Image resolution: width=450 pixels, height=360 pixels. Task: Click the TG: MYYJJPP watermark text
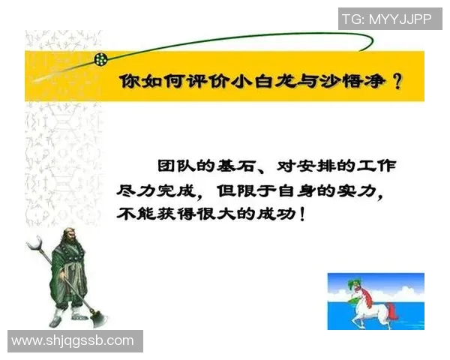click(x=387, y=19)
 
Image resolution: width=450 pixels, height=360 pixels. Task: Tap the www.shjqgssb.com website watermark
click(x=73, y=340)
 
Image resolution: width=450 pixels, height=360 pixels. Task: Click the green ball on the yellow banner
click(x=100, y=58)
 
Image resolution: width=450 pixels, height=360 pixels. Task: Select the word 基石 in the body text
click(x=257, y=165)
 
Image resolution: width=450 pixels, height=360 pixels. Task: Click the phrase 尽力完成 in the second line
click(x=158, y=190)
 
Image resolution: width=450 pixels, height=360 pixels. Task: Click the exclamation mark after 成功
click(x=302, y=214)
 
